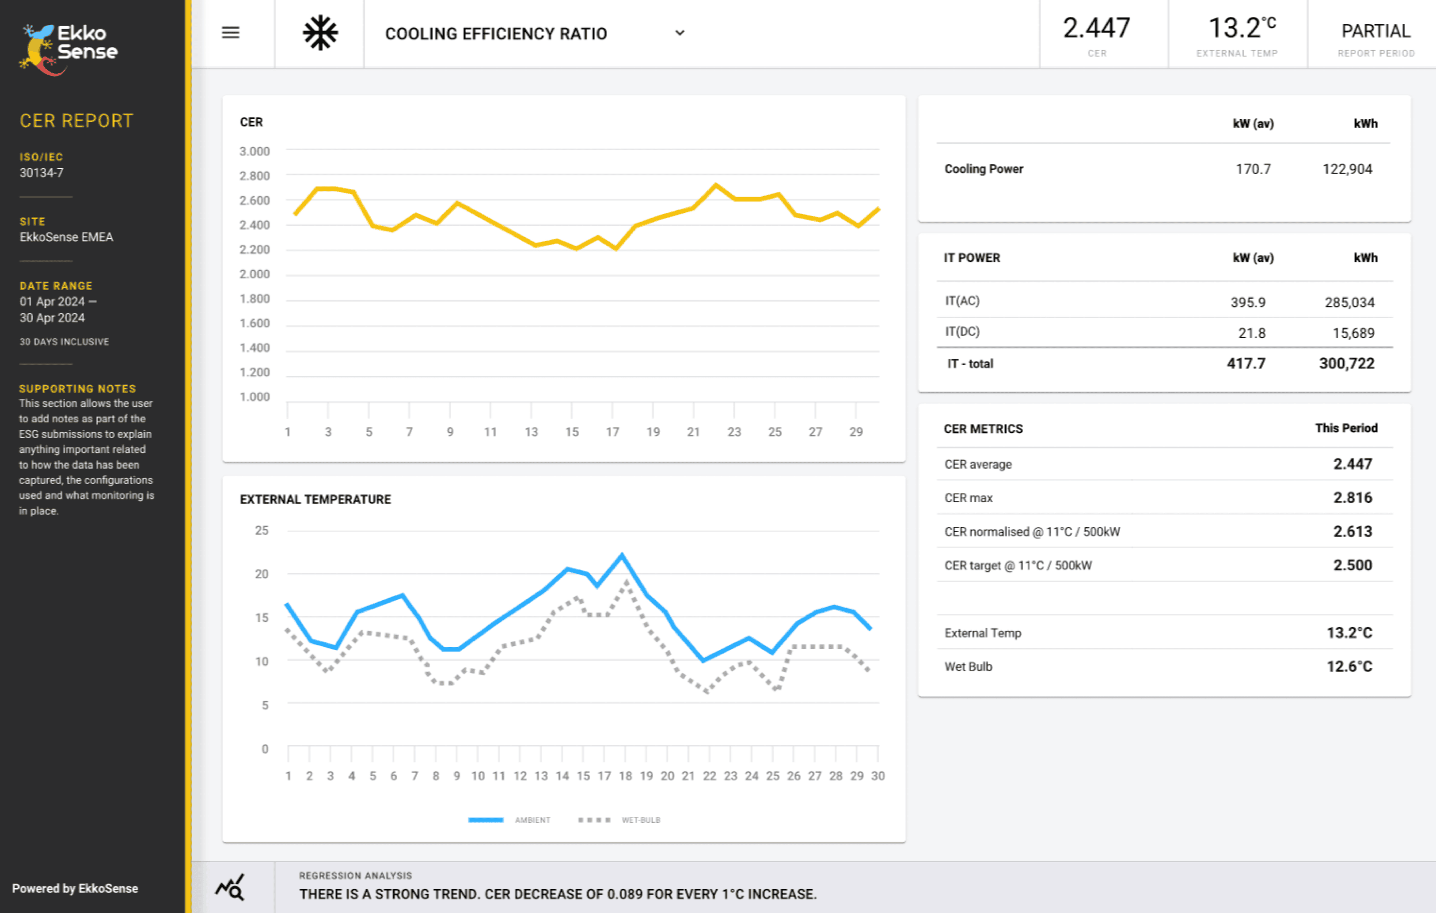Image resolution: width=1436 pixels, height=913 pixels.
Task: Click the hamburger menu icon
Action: tap(230, 33)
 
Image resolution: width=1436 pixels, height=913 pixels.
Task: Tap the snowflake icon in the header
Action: tap(320, 33)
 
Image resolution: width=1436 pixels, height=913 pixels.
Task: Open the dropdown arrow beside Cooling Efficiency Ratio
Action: tap(679, 33)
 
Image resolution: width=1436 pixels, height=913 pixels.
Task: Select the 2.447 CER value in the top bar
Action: tap(1096, 28)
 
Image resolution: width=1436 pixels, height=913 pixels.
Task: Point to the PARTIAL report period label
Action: tap(1375, 31)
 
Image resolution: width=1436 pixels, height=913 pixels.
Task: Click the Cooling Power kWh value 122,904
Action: tap(1347, 169)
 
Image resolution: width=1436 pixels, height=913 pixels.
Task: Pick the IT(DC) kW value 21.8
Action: tap(1251, 333)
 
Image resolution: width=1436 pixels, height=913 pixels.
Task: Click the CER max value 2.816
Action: tap(1352, 497)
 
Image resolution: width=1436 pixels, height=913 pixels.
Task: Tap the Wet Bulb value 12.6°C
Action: tap(1349, 666)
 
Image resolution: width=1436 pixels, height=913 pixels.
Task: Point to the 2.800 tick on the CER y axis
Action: tap(255, 176)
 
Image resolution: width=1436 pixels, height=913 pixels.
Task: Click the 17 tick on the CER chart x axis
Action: tap(612, 431)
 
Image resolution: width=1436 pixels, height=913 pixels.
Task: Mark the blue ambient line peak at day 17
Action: tap(622, 556)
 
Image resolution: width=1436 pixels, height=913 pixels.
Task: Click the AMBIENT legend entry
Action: tap(532, 820)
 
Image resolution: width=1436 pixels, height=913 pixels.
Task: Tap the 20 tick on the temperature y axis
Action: tap(262, 574)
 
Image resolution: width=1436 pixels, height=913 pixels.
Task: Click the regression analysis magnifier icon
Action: tap(230, 887)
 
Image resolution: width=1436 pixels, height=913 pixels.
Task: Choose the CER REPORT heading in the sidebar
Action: tap(76, 121)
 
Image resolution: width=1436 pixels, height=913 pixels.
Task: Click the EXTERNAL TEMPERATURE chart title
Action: tap(315, 499)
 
